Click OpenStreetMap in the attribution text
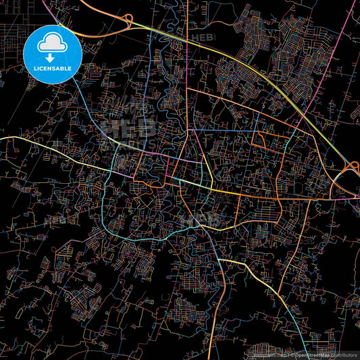311,354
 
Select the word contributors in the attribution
344,354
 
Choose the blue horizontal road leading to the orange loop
223,129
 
